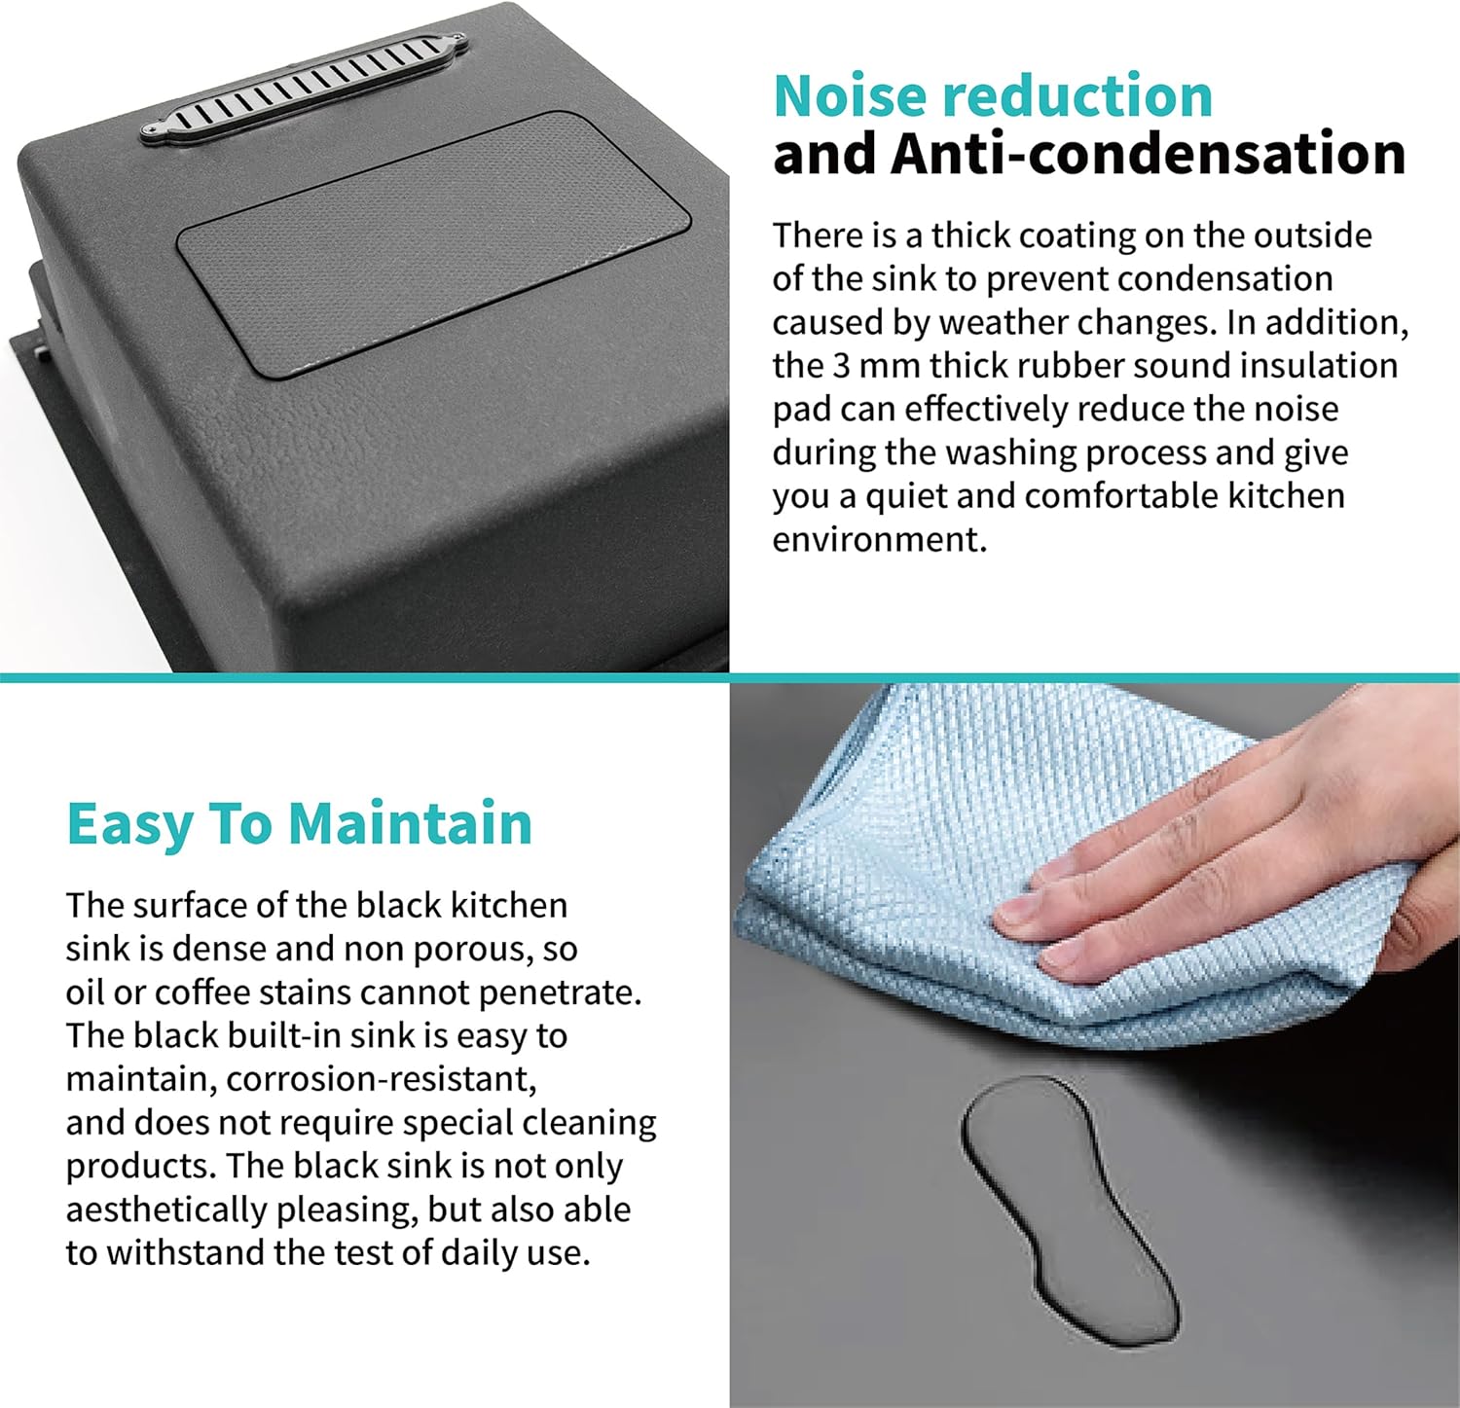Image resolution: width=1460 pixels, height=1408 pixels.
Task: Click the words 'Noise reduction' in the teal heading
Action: (x=993, y=95)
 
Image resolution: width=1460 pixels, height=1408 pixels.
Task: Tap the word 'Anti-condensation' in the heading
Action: (x=1149, y=154)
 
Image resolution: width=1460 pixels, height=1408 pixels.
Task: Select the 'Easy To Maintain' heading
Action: (x=300, y=825)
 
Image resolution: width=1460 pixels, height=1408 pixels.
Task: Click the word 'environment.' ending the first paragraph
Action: (x=880, y=539)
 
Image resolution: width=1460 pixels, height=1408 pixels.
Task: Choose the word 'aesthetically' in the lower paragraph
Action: (x=165, y=1209)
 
